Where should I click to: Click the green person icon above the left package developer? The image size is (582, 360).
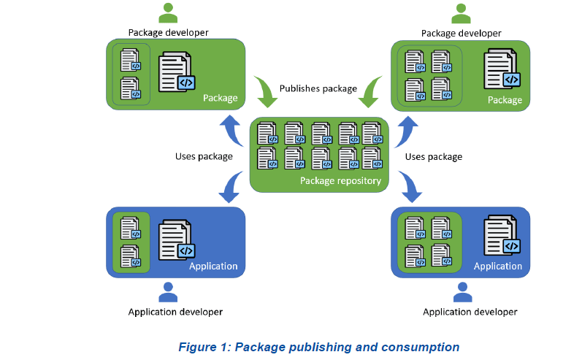coord(169,13)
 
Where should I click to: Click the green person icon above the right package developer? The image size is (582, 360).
coord(461,13)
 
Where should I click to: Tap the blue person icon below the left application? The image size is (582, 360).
coord(169,292)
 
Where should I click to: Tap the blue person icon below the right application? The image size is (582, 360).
coord(462,292)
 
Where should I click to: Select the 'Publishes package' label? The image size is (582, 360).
coord(318,88)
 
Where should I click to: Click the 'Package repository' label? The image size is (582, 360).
coord(340,180)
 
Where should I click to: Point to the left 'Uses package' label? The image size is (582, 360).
coord(204,156)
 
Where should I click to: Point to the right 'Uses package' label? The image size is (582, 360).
coord(434,156)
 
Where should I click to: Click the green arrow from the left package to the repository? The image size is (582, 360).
coord(262,90)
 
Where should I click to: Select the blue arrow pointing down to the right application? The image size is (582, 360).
coord(409,188)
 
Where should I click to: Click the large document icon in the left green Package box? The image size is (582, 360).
coord(177,72)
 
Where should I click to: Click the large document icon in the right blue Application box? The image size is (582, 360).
coord(502,235)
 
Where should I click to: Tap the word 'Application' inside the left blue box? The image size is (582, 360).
coord(213,266)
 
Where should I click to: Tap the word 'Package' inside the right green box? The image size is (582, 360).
coord(505,99)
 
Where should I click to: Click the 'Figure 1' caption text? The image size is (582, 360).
coord(318,347)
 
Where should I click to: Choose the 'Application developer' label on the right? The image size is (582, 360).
coord(470,312)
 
